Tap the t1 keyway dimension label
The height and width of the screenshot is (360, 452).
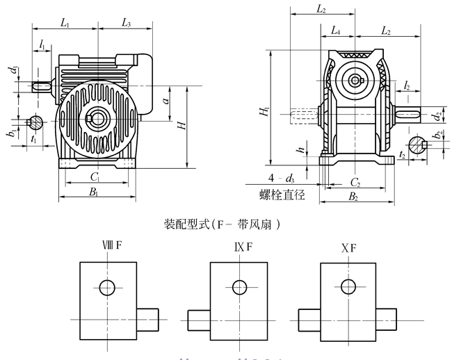[33, 139]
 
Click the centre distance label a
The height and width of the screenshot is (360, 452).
[166, 101]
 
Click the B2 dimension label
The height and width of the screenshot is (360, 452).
[352, 197]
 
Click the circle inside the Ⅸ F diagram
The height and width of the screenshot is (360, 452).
[240, 286]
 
